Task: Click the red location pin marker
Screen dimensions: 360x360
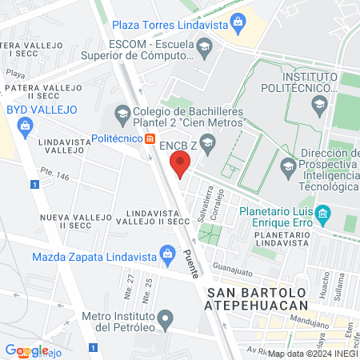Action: pyautogui.click(x=181, y=166)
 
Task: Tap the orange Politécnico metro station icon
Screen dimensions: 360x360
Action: pyautogui.click(x=150, y=138)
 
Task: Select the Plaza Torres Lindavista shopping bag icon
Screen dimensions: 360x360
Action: pyautogui.click(x=237, y=21)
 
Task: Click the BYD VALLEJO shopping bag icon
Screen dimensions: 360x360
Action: pyautogui.click(x=26, y=126)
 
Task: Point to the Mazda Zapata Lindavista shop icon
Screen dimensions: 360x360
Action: pyautogui.click(x=166, y=257)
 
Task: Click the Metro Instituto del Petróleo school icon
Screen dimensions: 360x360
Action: pyautogui.click(x=166, y=320)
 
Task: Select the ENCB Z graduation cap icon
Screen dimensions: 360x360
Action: pyautogui.click(x=207, y=145)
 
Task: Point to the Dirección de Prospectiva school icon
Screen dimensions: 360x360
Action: pyautogui.click(x=288, y=168)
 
